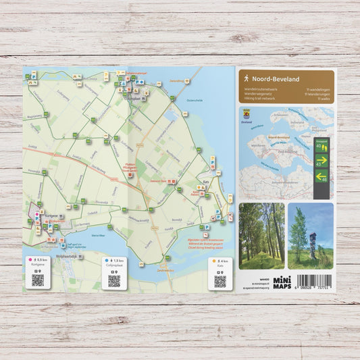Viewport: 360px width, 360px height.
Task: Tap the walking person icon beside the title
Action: click(247, 79)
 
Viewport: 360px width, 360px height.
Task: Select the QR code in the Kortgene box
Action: click(38, 279)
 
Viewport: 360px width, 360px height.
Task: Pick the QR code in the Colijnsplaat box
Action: click(114, 279)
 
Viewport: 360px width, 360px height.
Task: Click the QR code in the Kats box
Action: click(220, 280)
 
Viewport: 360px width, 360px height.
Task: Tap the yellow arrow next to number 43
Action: click(322, 160)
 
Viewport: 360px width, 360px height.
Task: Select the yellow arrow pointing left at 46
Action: click(322, 177)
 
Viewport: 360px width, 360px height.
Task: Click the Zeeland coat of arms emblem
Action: click(247, 113)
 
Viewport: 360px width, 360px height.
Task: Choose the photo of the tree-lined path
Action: click(261, 236)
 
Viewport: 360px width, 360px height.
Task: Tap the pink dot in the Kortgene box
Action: click(30, 260)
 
